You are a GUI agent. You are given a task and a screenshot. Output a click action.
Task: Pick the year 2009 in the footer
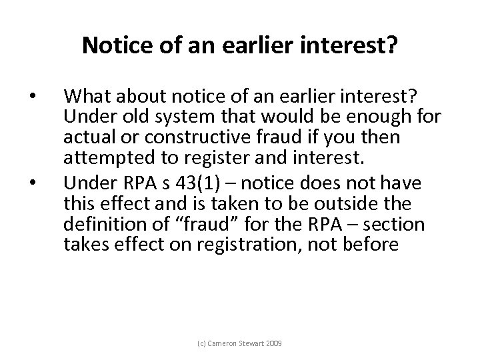tap(271, 344)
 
